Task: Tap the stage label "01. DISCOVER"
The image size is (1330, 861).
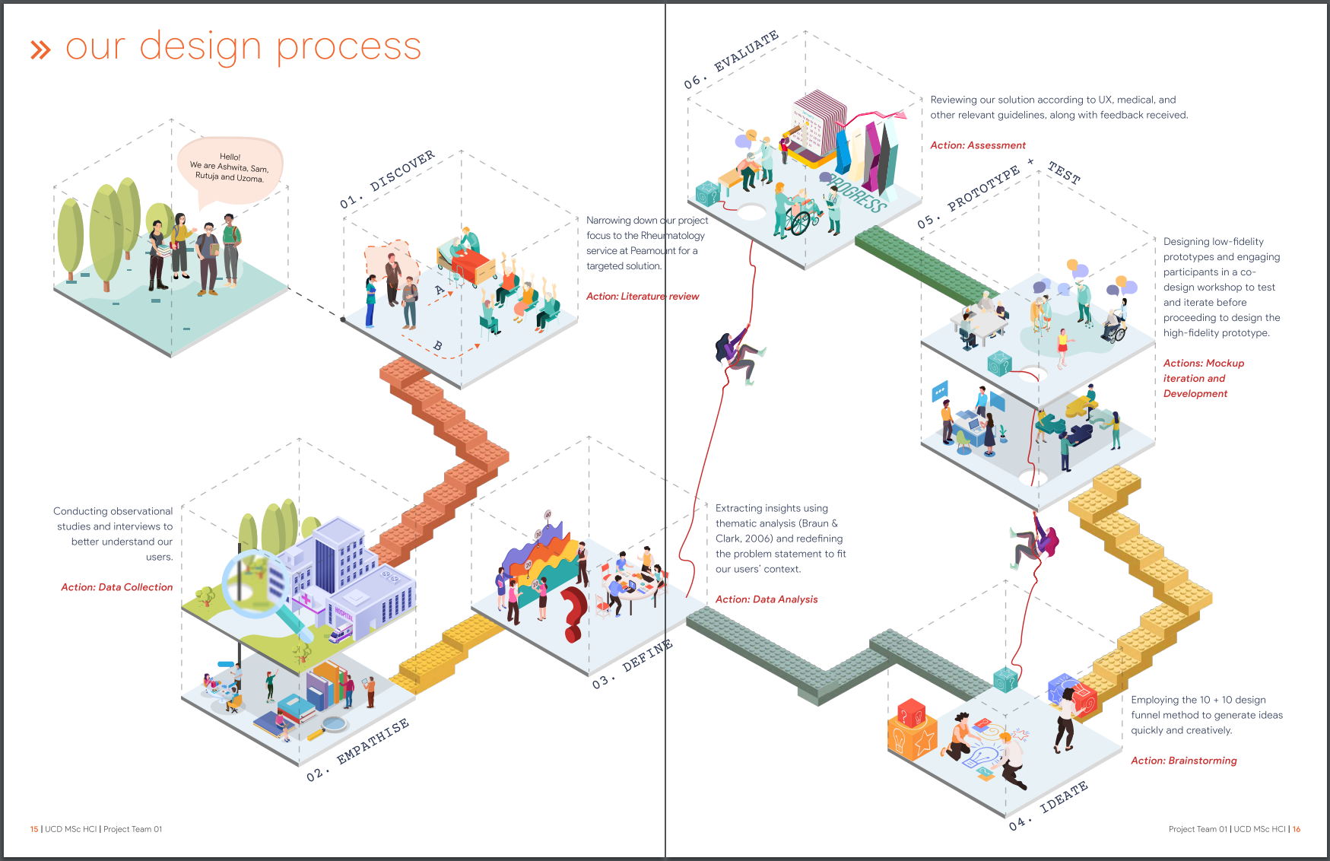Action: point(387,180)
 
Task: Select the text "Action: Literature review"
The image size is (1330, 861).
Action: point(642,297)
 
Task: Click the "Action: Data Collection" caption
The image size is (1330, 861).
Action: point(117,587)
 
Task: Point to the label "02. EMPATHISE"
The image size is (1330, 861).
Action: point(357,750)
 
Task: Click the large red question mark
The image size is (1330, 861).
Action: point(574,613)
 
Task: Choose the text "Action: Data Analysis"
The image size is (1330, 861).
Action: point(767,599)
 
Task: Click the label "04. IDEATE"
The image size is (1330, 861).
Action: point(1049,805)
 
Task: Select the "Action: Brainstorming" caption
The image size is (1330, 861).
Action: point(1183,761)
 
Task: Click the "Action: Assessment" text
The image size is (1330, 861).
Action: point(978,145)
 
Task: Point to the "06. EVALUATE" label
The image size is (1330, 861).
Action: point(731,60)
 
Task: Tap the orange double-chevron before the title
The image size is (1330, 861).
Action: point(40,50)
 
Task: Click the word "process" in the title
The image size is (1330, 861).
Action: point(348,47)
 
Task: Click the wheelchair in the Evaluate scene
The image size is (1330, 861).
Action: point(801,219)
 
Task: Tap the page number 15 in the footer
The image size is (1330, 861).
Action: point(34,829)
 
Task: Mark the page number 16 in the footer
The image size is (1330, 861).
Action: point(1296,829)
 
